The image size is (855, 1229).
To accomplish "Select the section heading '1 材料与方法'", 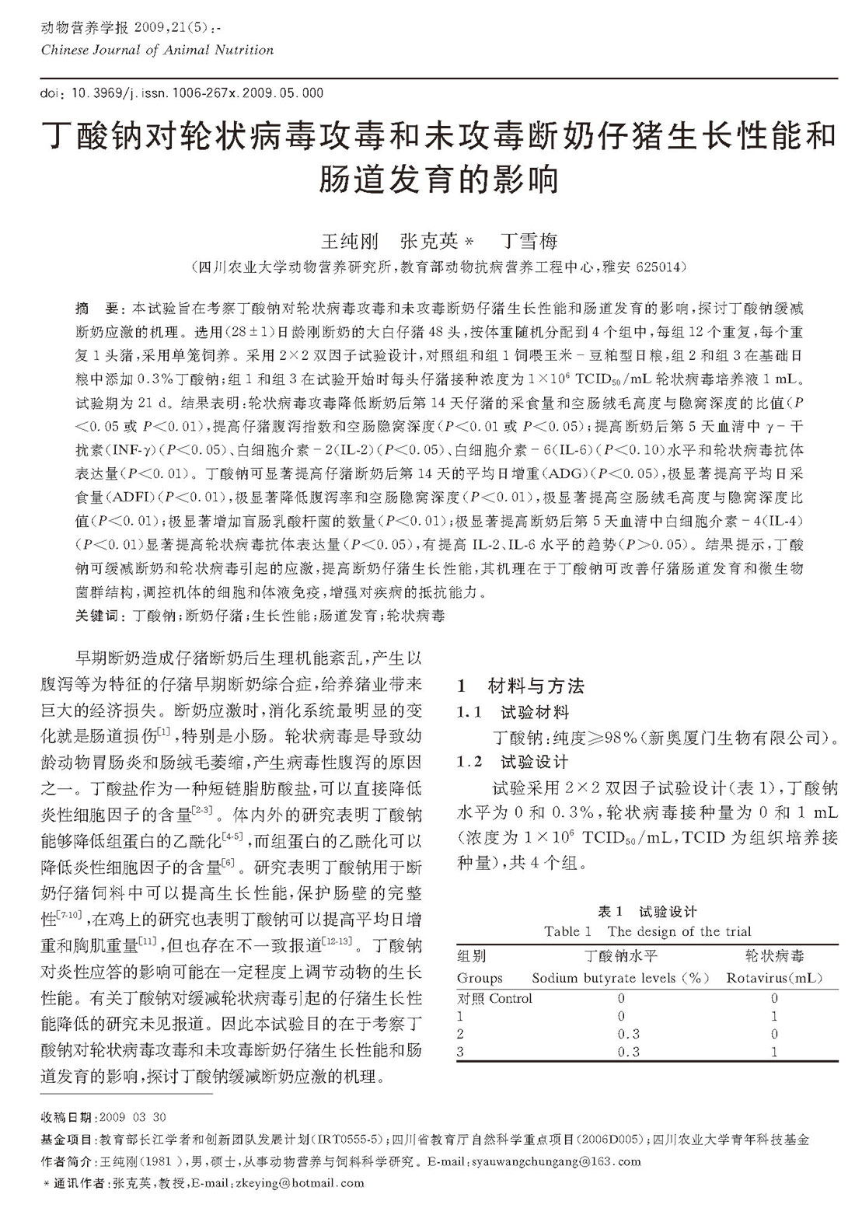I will coord(520,686).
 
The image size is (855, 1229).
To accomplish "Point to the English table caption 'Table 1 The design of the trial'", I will coord(647,931).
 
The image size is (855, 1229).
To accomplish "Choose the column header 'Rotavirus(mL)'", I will coord(774,978).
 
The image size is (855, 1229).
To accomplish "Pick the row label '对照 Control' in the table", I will coord(494,998).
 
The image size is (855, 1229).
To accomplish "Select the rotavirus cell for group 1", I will coord(774,1016).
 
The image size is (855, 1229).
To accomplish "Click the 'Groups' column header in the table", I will coord(480,978).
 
